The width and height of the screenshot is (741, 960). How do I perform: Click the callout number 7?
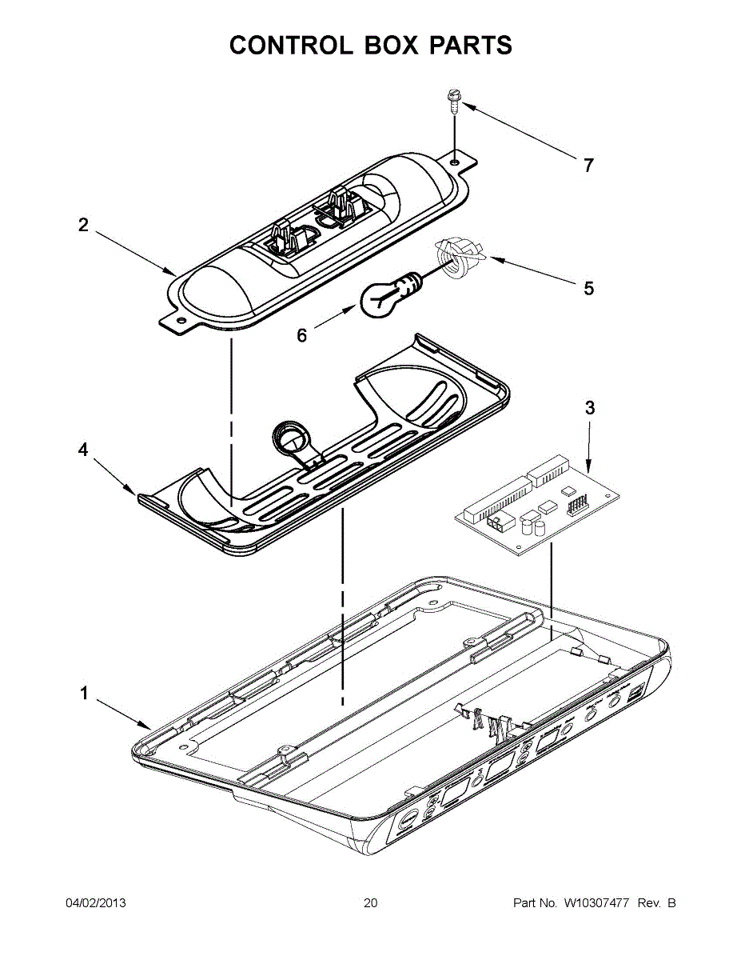(588, 166)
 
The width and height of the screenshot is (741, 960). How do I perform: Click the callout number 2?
(83, 226)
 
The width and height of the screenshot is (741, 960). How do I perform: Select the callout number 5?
(588, 288)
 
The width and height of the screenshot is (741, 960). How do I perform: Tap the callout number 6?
(301, 336)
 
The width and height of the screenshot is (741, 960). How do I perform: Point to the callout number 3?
(590, 407)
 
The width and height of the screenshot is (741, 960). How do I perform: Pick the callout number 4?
(83, 450)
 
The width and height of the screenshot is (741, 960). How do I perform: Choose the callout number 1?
(83, 694)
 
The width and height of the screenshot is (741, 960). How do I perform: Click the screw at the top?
(453, 102)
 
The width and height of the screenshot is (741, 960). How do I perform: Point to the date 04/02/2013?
(95, 903)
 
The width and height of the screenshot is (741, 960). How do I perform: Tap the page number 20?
(370, 903)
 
